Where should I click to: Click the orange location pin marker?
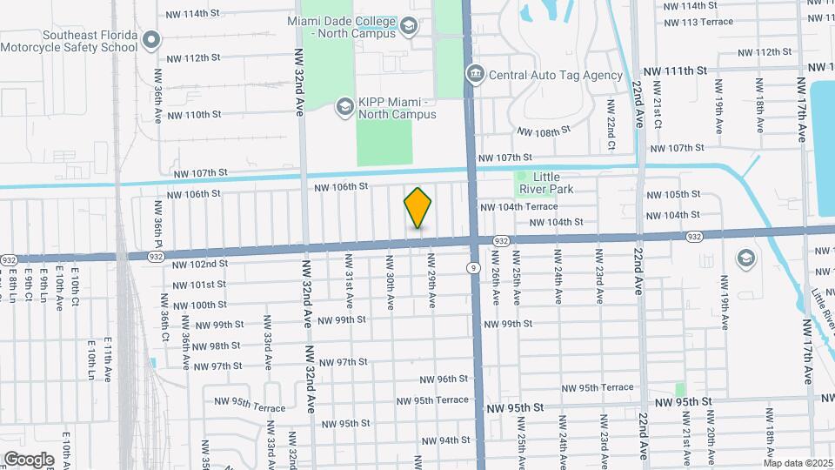coord(417,207)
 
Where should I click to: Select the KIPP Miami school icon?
coord(344,106)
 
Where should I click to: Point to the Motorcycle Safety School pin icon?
coord(152,40)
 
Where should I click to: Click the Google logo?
coord(28,460)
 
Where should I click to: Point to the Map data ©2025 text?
coord(797,463)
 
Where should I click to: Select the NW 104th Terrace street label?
coord(519,207)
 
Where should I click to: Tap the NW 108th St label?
coord(543,131)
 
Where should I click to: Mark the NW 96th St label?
coord(444,379)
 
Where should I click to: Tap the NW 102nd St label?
coord(199,264)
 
